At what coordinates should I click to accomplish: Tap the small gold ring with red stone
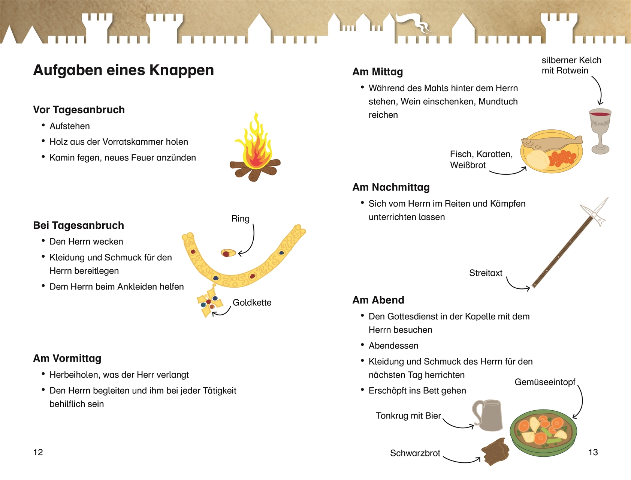pos(228,253)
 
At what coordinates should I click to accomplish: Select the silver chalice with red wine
pos(600,129)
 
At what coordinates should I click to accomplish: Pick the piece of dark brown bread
pos(495,452)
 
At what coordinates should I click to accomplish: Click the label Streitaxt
pos(486,273)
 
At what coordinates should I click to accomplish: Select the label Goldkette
pos(252,303)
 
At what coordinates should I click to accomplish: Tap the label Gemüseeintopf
pos(545,382)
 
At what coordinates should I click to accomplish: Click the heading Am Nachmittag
pos(391,187)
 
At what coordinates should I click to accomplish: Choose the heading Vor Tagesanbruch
pos(79,110)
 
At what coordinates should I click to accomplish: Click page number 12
pos(38,452)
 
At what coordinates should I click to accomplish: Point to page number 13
pos(593,452)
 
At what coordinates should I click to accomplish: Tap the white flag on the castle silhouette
pos(412,21)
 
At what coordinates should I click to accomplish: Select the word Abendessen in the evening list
pos(393,346)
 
